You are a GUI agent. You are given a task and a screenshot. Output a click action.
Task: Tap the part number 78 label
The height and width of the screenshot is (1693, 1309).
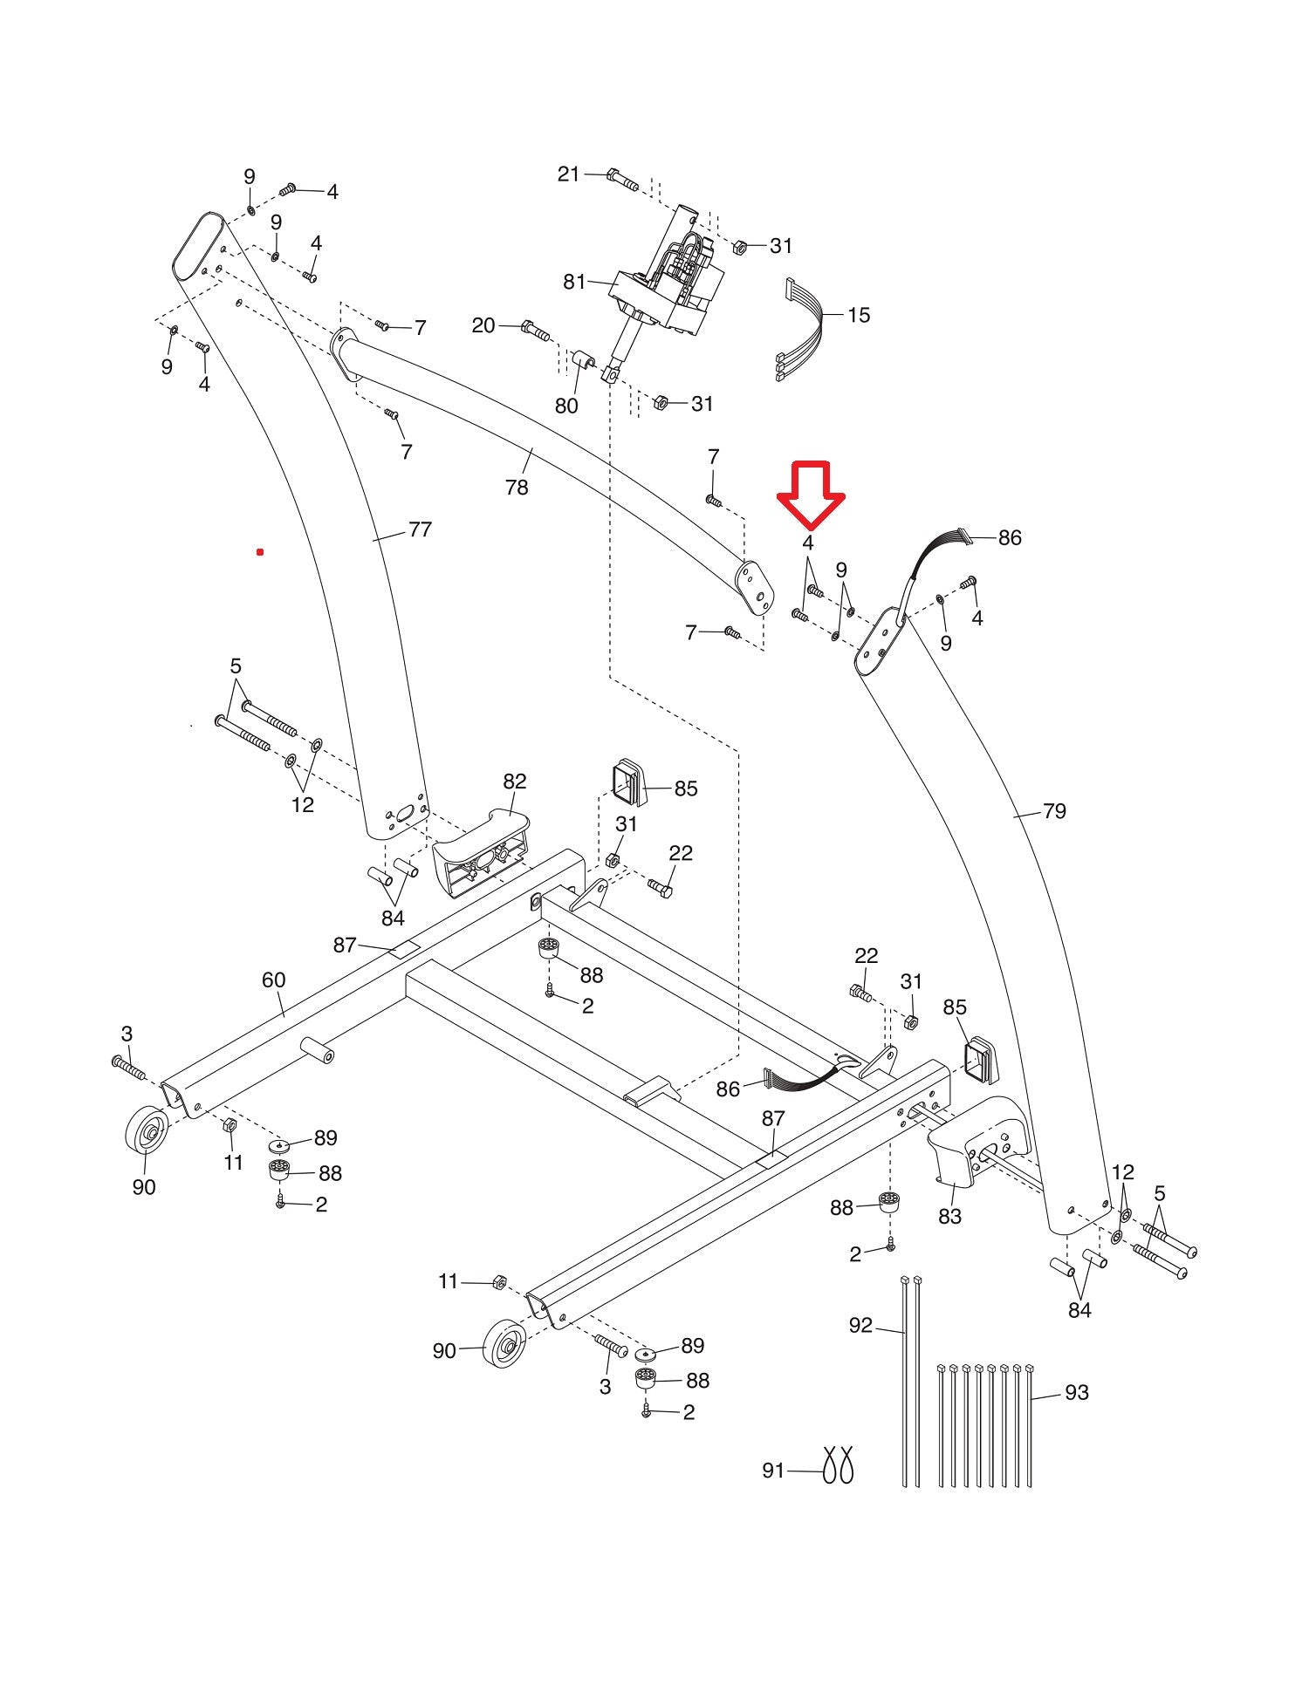[517, 487]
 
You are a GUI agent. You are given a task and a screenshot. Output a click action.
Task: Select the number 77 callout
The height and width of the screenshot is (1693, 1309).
[420, 529]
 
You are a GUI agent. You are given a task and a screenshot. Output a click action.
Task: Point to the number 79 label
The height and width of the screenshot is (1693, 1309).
[1054, 811]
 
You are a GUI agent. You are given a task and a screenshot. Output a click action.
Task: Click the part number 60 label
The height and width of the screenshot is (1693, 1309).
[273, 980]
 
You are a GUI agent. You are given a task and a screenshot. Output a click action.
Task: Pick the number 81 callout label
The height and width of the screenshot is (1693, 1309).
[574, 282]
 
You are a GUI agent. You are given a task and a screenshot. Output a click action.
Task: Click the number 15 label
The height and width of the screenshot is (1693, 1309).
[859, 315]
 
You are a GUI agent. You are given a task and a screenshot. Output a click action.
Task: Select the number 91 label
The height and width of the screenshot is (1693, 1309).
[773, 1471]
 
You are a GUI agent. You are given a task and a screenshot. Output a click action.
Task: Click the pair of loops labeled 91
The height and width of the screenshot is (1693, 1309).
[837, 1464]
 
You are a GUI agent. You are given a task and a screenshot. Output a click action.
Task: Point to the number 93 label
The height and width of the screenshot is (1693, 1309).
[1077, 1393]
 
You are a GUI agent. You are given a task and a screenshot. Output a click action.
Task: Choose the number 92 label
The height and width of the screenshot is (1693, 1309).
[860, 1325]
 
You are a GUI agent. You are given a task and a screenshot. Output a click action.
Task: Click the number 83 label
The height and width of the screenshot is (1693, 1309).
[949, 1215]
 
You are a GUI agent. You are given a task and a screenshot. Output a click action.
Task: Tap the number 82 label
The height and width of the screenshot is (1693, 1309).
[515, 781]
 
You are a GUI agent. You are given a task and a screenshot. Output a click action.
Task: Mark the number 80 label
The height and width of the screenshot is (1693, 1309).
[566, 406]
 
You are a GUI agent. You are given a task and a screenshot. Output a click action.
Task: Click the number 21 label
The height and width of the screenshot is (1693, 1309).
[568, 174]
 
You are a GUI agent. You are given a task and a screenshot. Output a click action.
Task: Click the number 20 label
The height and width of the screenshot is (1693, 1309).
[483, 325]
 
